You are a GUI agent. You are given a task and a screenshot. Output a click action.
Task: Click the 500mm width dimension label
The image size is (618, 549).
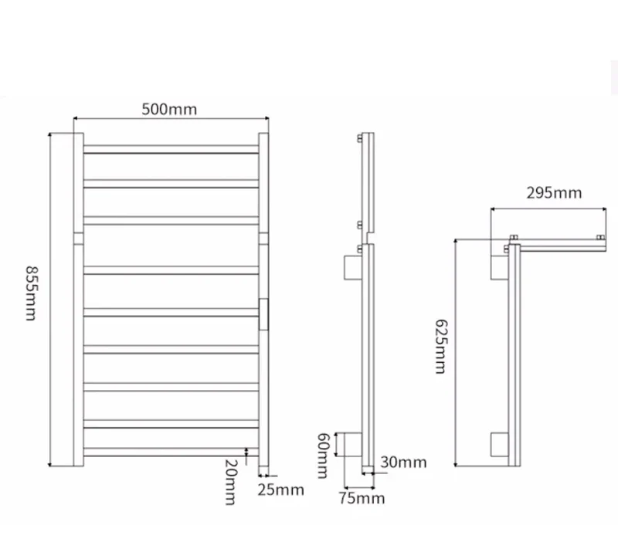click(x=169, y=109)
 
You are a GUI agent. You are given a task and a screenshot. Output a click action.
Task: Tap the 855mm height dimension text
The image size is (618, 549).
click(x=32, y=293)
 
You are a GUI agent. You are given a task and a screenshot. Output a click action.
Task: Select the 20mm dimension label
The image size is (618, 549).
click(x=230, y=482)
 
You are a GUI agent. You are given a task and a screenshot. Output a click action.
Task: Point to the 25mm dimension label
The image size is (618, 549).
click(x=280, y=490)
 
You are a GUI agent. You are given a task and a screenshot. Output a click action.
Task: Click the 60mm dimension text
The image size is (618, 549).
click(x=323, y=456)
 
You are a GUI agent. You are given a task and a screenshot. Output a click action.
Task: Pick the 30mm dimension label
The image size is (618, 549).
click(x=403, y=463)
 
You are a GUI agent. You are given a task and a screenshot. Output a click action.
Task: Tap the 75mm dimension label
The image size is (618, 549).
click(x=362, y=498)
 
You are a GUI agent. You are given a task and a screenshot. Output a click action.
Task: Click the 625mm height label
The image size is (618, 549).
click(x=441, y=346)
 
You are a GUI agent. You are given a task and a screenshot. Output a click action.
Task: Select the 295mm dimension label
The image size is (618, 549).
click(x=554, y=193)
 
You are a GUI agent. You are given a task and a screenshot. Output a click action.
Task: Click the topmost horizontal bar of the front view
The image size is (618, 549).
click(x=171, y=149)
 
